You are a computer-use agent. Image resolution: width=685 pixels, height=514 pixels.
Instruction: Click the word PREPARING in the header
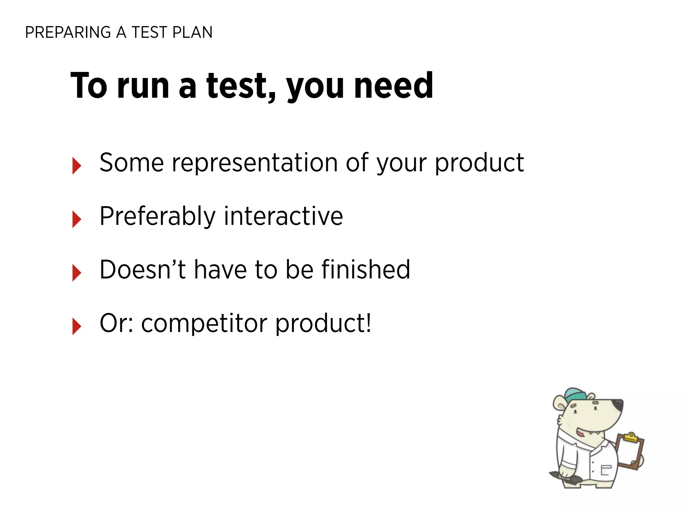(x=68, y=32)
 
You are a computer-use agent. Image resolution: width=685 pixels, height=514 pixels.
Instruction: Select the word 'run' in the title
(x=143, y=86)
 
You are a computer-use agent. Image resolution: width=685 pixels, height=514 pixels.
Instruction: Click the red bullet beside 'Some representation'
(x=77, y=166)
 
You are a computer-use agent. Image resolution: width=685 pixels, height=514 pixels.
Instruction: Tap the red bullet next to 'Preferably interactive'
(x=77, y=219)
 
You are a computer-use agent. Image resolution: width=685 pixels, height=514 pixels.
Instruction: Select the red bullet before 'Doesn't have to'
(x=77, y=272)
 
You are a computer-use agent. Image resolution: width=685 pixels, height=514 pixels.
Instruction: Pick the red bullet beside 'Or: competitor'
(x=77, y=326)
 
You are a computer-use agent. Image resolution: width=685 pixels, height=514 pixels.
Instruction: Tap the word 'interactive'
(x=283, y=216)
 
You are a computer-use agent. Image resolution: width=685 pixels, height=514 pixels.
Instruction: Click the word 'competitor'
(x=204, y=324)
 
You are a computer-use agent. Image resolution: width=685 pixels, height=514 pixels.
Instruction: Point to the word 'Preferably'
(x=158, y=217)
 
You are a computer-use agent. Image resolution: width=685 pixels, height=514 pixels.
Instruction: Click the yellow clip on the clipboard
(x=630, y=437)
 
